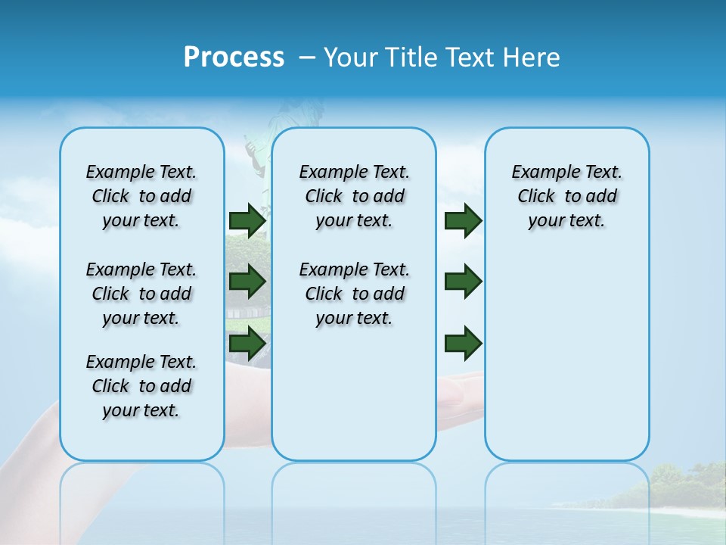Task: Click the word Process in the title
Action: tap(234, 58)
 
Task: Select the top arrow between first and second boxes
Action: tap(247, 220)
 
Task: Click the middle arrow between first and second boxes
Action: tap(247, 282)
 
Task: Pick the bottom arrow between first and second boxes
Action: tap(247, 343)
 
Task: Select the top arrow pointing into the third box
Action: tap(463, 220)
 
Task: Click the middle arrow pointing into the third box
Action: tap(463, 282)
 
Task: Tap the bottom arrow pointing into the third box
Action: tap(463, 343)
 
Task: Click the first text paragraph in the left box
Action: tap(141, 196)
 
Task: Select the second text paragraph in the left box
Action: tap(141, 294)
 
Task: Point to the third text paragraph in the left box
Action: tap(141, 386)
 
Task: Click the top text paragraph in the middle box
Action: tap(354, 196)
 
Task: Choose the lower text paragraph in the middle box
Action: tap(354, 294)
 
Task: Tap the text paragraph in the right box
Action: tap(566, 196)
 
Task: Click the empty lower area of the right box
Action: tap(566, 363)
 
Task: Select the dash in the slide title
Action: tap(307, 58)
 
